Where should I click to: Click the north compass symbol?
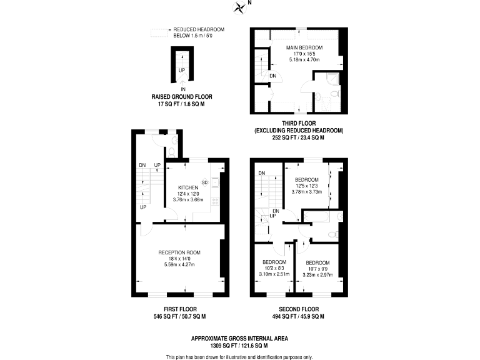point(239,7)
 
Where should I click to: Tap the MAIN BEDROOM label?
point(304,47)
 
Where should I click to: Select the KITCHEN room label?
point(188,187)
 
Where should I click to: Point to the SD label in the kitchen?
point(204,182)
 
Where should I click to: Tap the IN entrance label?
point(182,89)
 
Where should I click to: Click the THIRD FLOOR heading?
point(299,124)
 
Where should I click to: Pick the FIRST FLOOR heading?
point(176,309)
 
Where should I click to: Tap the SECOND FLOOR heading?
point(299,309)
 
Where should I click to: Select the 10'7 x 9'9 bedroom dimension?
point(317,269)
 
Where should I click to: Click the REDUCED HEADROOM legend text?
point(199,29)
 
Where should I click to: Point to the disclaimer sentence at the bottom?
point(239,356)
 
